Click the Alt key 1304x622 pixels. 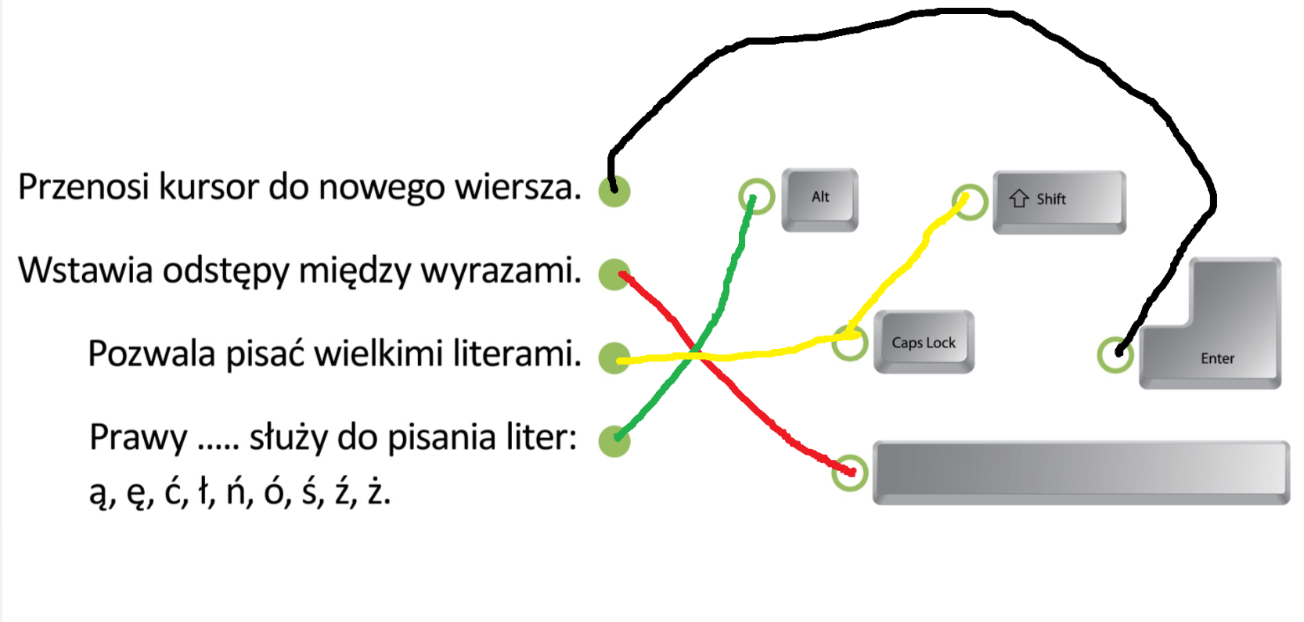tap(820, 199)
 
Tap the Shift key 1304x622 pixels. tap(1059, 201)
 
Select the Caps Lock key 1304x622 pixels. tap(924, 342)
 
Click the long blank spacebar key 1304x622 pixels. tap(1080, 472)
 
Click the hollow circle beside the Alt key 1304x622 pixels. tap(756, 196)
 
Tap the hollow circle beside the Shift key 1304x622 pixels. tap(970, 202)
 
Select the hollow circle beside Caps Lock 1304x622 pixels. tap(850, 342)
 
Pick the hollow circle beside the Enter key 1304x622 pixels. tap(1115, 354)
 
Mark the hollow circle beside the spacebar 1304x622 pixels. tap(849, 472)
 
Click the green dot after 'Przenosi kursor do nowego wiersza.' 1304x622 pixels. tap(614, 191)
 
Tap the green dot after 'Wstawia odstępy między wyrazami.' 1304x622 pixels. tap(614, 275)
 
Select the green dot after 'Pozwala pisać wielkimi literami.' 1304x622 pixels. tap(614, 358)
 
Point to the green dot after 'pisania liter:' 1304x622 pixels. tap(614, 440)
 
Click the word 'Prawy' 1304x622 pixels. tap(138, 437)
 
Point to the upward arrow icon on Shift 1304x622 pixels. tap(1018, 199)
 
